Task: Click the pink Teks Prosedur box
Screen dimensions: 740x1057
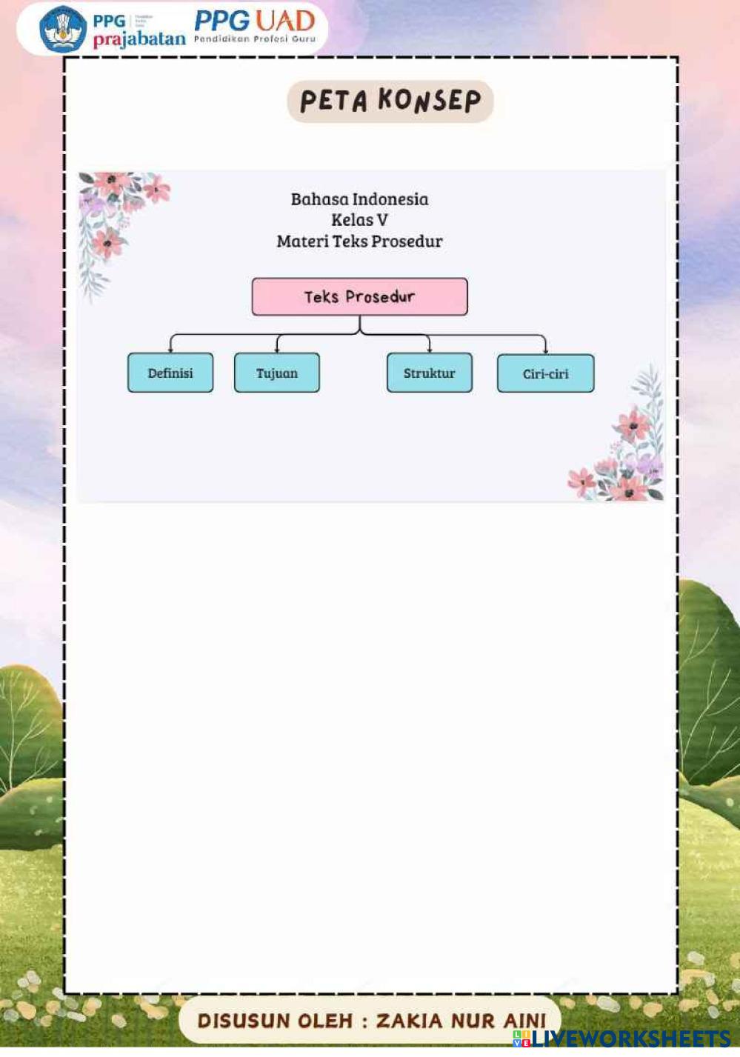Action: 359,297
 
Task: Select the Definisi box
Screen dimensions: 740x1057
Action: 170,373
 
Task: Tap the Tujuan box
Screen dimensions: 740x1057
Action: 277,373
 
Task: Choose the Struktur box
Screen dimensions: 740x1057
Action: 430,373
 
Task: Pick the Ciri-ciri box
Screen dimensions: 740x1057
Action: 545,373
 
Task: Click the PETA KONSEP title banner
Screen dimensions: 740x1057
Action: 390,101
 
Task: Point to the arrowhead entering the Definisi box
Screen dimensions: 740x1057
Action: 171,349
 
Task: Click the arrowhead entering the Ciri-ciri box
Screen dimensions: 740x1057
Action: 546,350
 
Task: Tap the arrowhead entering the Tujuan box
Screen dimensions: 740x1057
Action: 278,349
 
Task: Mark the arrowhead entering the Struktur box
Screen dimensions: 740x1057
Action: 430,349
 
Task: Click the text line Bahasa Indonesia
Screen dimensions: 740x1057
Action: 359,199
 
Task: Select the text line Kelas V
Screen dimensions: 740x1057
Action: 359,220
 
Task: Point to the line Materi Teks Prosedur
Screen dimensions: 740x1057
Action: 359,241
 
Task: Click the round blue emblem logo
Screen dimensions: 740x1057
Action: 63,29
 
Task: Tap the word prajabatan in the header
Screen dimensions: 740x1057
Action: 139,39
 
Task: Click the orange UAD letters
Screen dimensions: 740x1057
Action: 285,20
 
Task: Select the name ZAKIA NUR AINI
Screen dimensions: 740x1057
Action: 461,1021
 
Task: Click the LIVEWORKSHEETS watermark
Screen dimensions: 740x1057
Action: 630,1038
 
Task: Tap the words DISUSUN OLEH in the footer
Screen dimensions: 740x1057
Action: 275,1021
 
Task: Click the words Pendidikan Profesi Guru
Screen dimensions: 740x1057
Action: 255,39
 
